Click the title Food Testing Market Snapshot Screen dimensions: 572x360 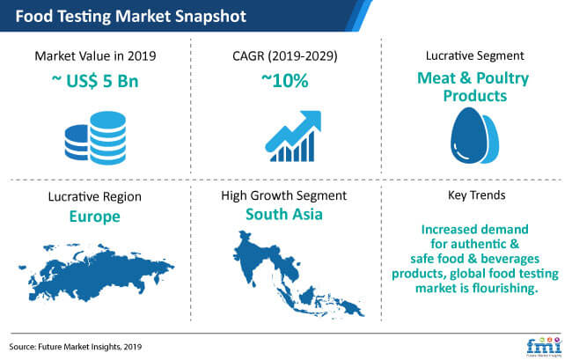[130, 17]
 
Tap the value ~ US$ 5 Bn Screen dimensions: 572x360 [95, 81]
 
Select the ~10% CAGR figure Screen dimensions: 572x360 [285, 80]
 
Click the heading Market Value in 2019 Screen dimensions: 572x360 [95, 56]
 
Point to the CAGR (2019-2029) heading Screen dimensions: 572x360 [285, 56]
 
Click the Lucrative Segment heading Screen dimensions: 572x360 [474, 55]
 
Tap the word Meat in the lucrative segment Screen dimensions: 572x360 [436, 78]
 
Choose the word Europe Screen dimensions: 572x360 [95, 217]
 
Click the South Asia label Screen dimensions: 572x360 [284, 214]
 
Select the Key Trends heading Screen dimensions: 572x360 [476, 195]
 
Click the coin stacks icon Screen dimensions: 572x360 [96, 138]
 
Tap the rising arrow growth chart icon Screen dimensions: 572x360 [293, 136]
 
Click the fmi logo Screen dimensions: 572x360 [544, 346]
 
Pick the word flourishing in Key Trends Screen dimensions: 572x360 [505, 288]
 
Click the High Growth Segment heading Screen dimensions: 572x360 [284, 195]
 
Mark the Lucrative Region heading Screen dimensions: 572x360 [95, 196]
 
